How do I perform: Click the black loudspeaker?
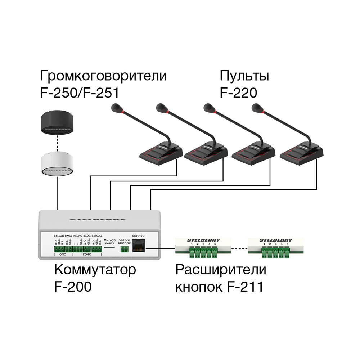coord(57,122)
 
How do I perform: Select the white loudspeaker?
coord(57,164)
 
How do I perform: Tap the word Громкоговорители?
coord(103,76)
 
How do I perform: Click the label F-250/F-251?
coord(80,93)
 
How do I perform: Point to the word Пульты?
coord(244,76)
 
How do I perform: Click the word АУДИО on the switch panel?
coord(78,235)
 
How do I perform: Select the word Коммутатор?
coord(95,270)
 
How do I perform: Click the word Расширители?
coord(220,270)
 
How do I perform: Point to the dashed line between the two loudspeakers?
coord(57,143)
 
